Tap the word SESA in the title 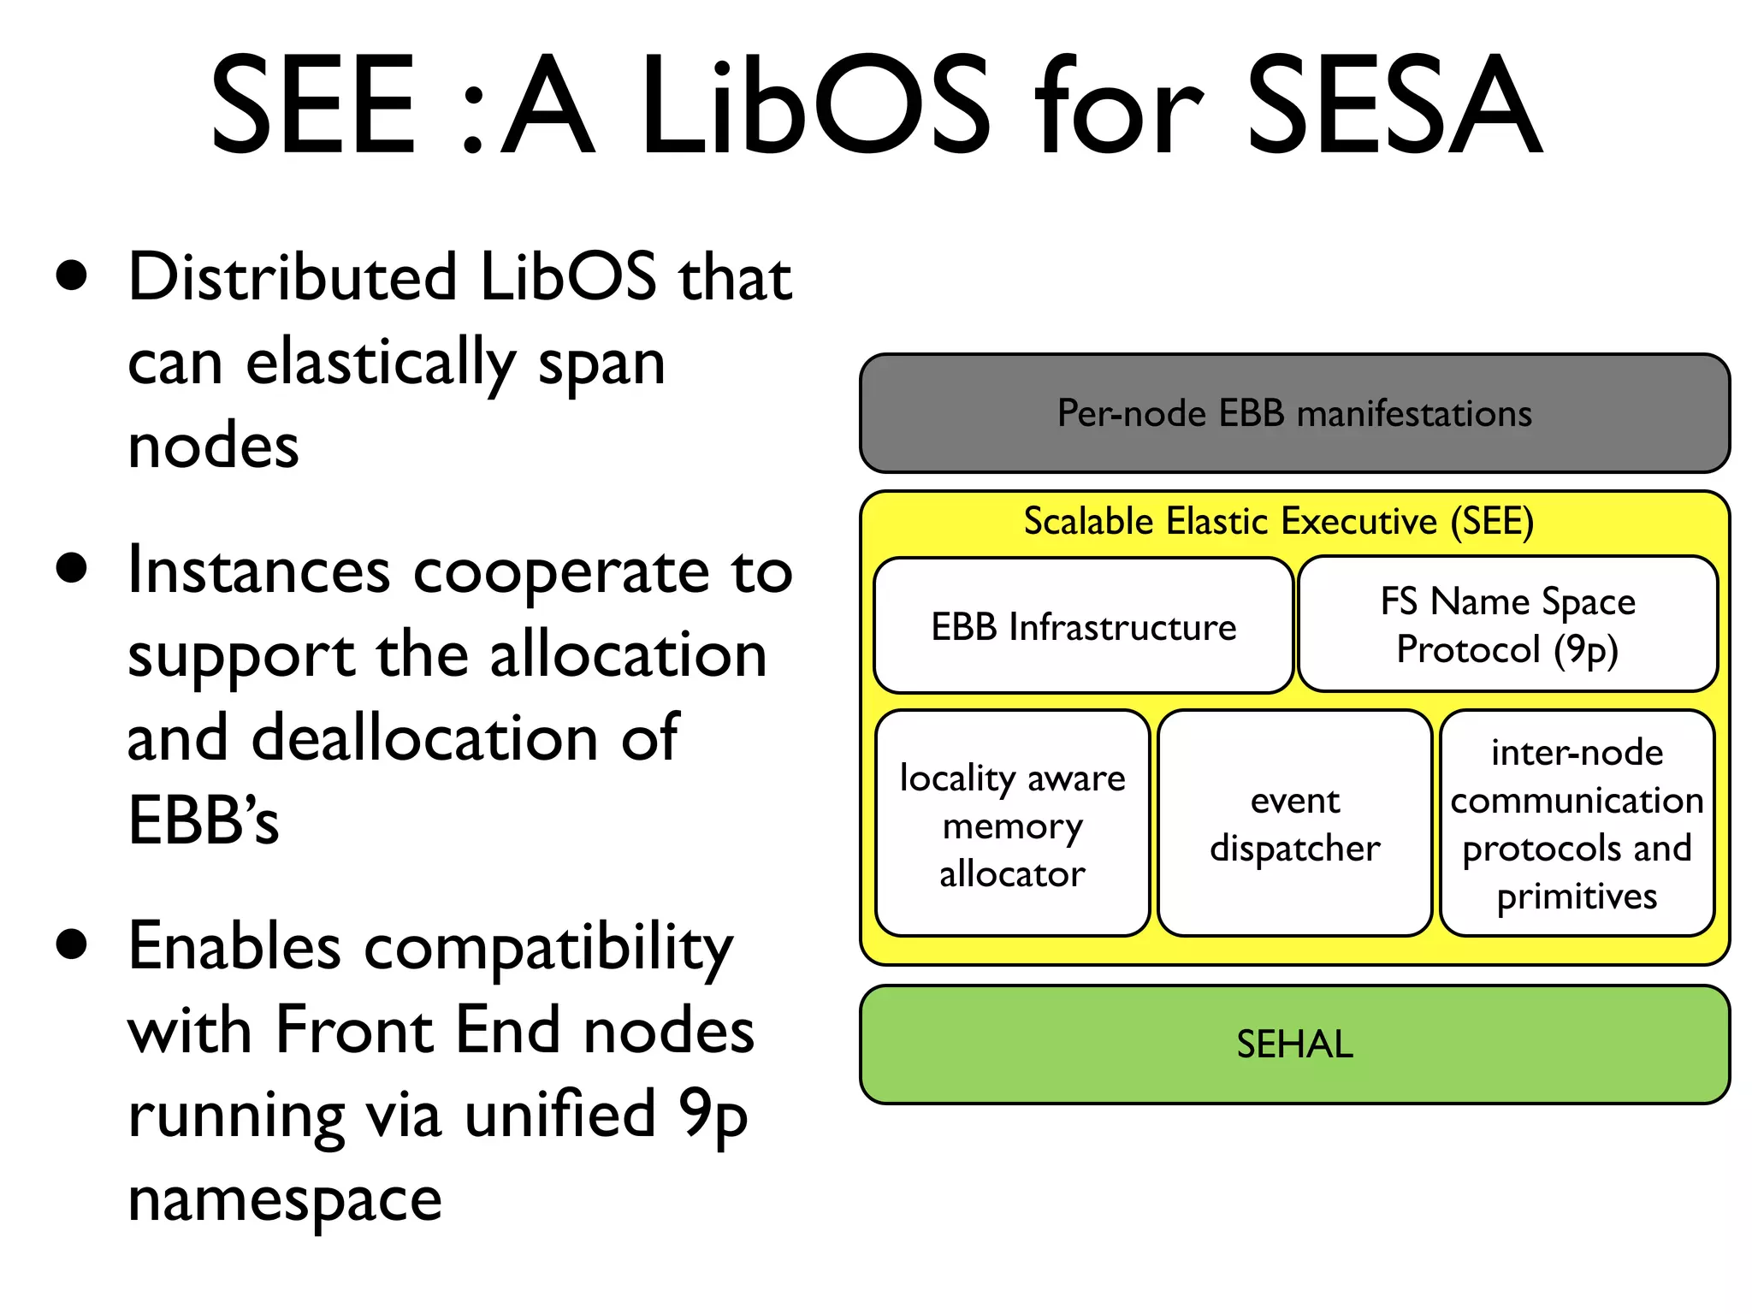(x=1394, y=104)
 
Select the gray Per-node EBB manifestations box (x=1294, y=414)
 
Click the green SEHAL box (x=1294, y=1045)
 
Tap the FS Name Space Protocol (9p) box (x=1507, y=625)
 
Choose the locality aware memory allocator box (x=1012, y=825)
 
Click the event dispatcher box (x=1294, y=825)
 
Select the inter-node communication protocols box (x=1577, y=825)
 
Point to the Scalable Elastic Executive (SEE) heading (x=1278, y=522)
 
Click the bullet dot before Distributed (x=72, y=276)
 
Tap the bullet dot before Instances (x=72, y=568)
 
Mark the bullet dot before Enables (x=72, y=944)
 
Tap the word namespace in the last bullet (x=284, y=1199)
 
